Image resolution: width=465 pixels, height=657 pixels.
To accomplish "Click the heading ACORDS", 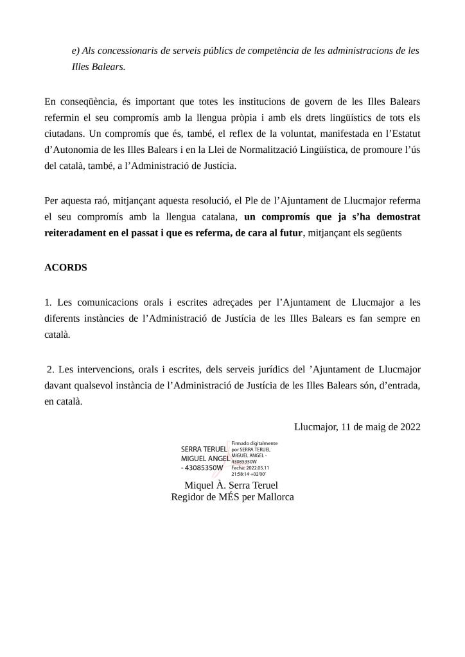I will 66,267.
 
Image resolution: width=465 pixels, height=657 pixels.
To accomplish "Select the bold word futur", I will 288,234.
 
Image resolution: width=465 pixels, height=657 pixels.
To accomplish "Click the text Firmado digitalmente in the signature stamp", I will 254,443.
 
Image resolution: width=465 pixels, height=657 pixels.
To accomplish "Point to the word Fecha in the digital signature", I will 238,468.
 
